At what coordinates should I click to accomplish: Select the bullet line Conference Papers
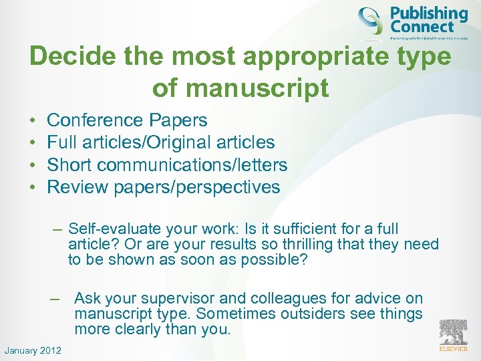127,120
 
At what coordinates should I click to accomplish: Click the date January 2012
32,350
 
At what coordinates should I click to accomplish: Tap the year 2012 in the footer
50,350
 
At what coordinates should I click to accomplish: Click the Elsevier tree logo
452,333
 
